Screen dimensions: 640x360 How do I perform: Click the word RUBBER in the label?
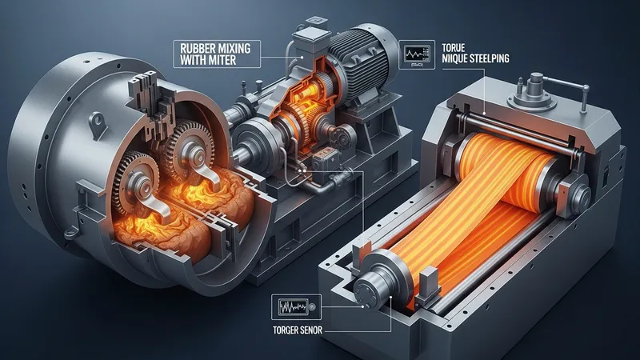(198, 49)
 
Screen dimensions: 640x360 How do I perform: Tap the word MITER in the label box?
(222, 61)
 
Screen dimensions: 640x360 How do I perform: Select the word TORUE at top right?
(454, 48)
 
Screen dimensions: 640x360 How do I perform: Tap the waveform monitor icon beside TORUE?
(417, 54)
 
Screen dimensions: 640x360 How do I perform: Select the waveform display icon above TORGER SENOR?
(296, 307)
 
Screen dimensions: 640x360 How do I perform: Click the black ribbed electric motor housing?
(359, 62)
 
